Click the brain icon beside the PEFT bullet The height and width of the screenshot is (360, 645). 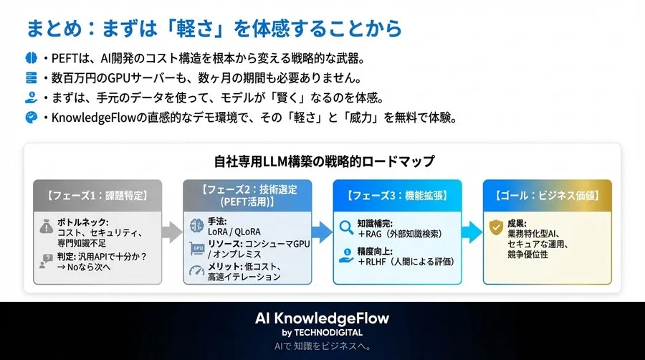tap(32, 57)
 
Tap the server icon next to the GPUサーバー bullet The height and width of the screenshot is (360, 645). tap(32, 77)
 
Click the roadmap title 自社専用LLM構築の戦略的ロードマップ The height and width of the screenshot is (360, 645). tap(324, 161)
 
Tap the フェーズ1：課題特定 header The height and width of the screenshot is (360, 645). tap(97, 195)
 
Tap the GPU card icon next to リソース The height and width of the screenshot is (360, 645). tap(197, 248)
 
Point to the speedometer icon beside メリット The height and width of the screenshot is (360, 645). tap(197, 271)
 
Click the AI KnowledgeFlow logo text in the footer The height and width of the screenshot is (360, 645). tap(322, 317)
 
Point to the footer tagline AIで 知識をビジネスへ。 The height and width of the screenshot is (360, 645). tap(322, 346)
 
